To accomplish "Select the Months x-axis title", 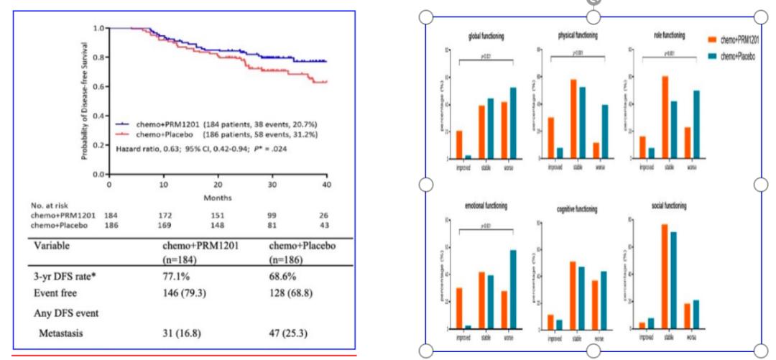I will tap(218, 195).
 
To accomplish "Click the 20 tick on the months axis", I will tap(218, 184).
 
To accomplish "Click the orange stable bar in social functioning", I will tap(665, 276).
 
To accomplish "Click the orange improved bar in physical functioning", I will tap(551, 137).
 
